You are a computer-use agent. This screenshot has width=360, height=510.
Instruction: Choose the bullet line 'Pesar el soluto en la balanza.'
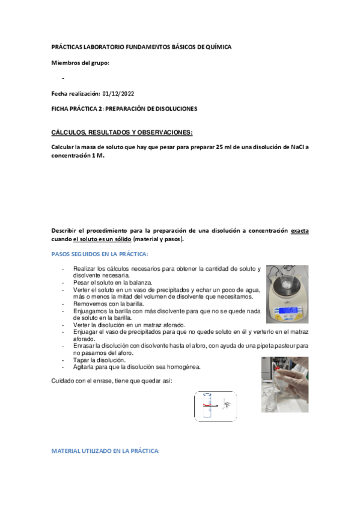pos(113,281)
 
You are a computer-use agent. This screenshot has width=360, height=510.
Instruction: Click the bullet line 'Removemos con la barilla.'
pos(108,304)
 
